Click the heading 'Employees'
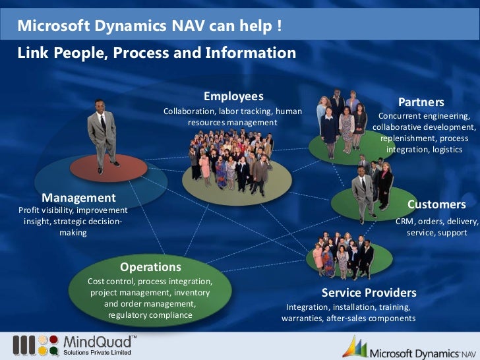click(x=233, y=96)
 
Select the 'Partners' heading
click(x=421, y=102)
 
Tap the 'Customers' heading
click(x=436, y=204)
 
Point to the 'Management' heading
click(x=78, y=197)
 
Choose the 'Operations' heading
click(x=150, y=267)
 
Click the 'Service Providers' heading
click(x=369, y=292)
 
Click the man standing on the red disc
click(x=102, y=132)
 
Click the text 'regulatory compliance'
click(x=150, y=315)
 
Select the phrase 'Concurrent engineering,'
click(x=424, y=115)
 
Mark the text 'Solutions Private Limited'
click(x=98, y=353)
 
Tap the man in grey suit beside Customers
click(x=362, y=191)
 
